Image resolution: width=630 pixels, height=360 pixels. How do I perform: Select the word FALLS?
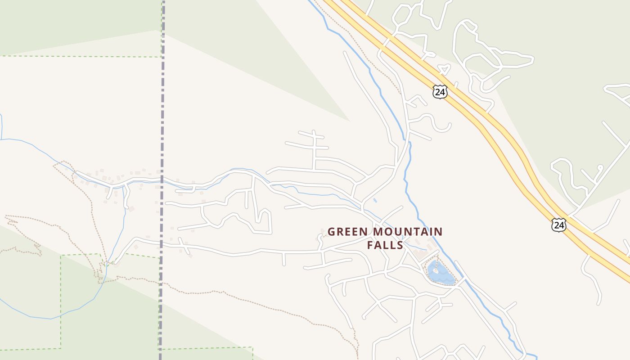385,245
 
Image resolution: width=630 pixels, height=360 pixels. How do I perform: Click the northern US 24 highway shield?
440,92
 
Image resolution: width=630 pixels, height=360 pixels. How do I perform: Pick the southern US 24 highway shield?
558,225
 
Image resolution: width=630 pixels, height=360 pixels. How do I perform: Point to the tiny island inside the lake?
435,271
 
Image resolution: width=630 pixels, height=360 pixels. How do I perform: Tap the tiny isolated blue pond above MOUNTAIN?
375,200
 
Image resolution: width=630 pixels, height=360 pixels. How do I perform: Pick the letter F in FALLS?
370,245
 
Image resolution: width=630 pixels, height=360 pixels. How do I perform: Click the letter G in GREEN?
332,232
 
